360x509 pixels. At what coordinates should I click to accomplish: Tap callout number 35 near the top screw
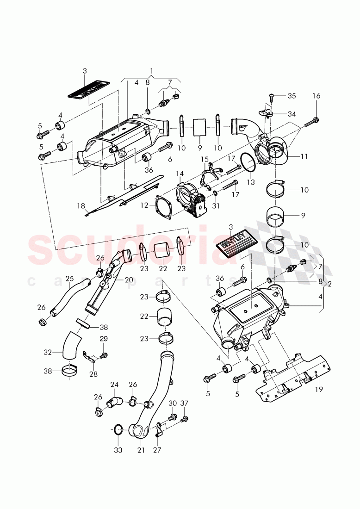pyautogui.click(x=291, y=96)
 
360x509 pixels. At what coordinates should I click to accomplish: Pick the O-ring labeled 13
pyautogui.click(x=248, y=163)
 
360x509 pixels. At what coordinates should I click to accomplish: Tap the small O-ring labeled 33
pyautogui.click(x=118, y=430)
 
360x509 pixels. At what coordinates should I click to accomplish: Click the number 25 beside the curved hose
pyautogui.click(x=69, y=279)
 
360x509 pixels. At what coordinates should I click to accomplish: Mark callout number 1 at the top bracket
pyautogui.click(x=151, y=71)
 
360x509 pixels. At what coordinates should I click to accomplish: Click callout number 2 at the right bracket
pyautogui.click(x=329, y=284)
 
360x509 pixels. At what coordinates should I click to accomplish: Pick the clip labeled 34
pyautogui.click(x=265, y=113)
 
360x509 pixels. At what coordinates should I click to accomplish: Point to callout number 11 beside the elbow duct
pyautogui.click(x=304, y=156)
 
